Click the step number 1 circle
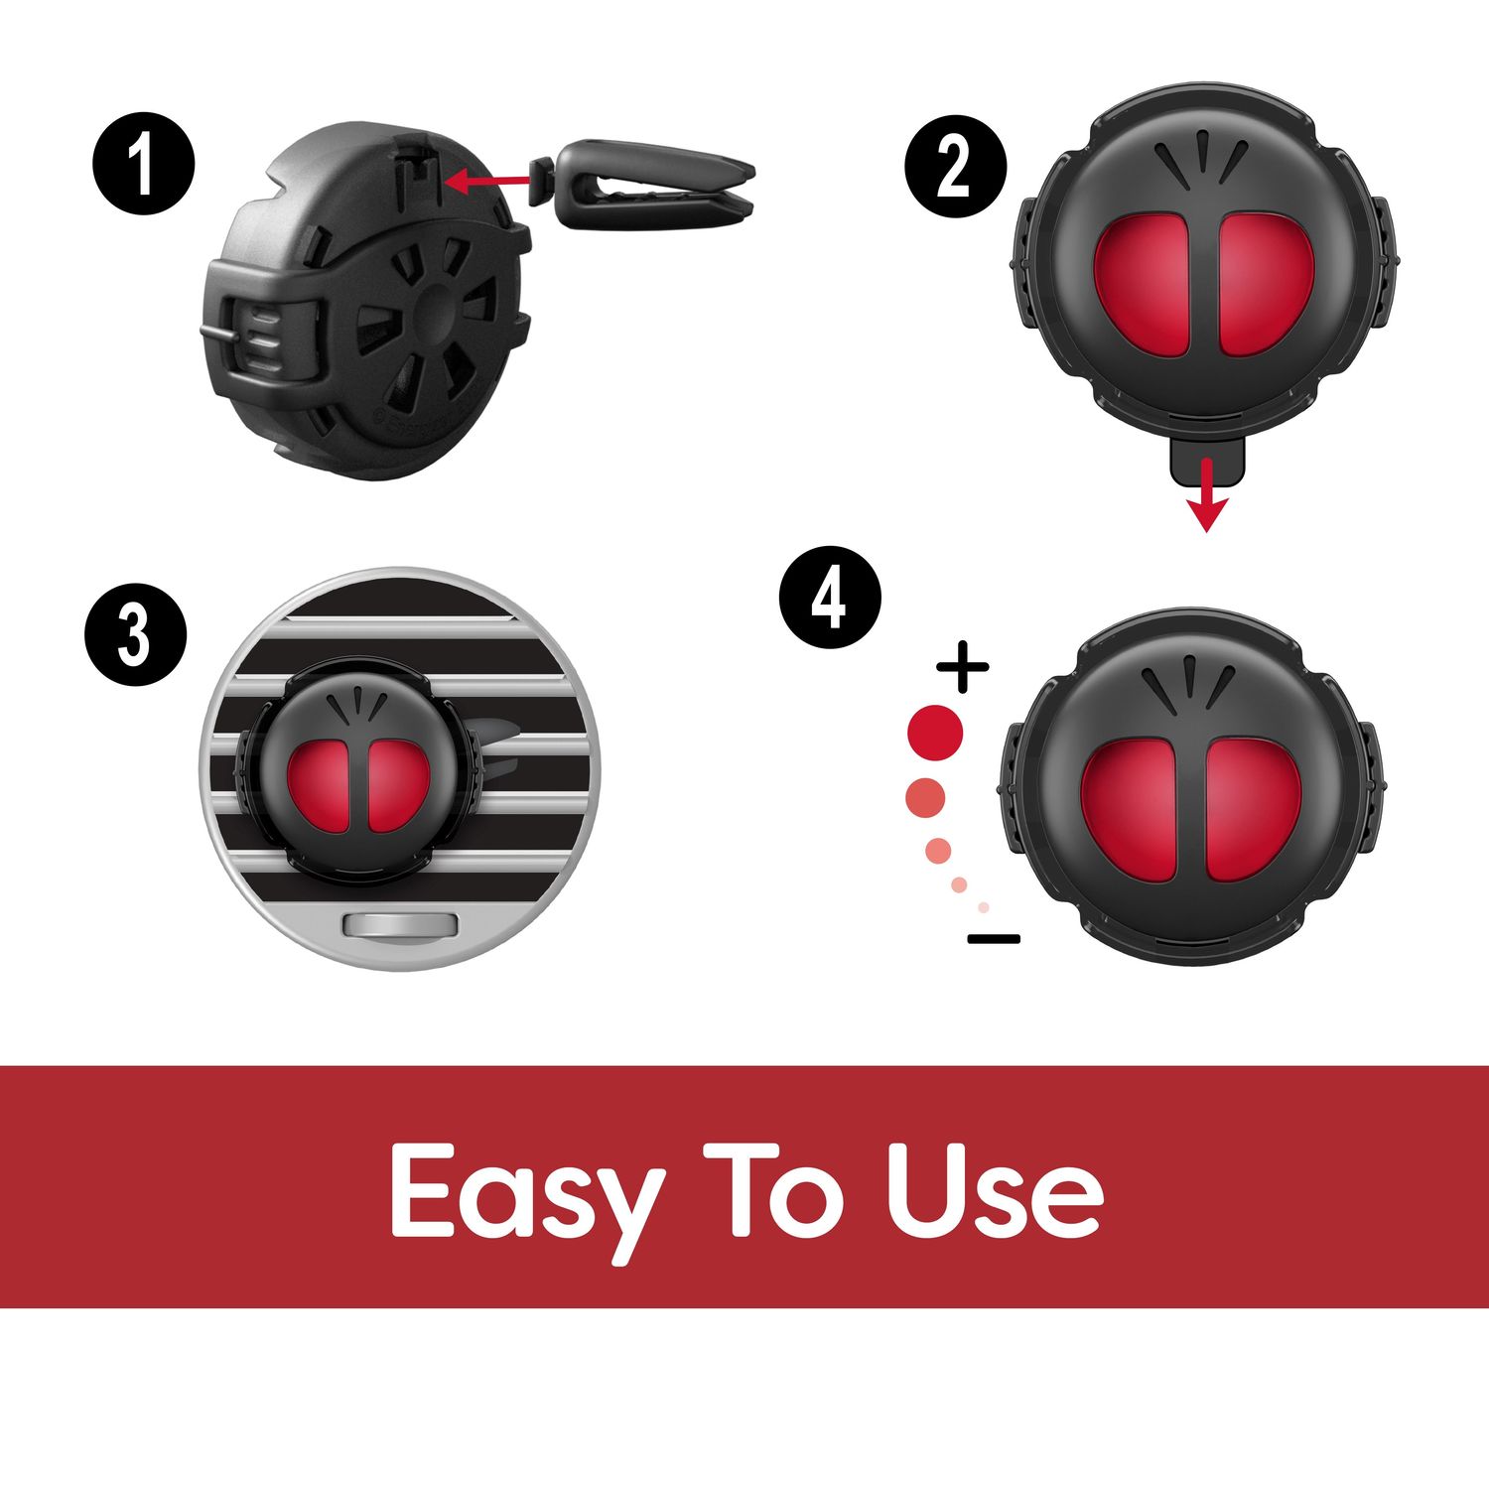tap(144, 166)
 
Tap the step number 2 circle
tap(955, 167)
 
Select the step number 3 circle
tap(135, 635)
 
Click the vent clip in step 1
tap(645, 179)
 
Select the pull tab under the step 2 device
tap(1205, 459)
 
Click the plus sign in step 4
tap(962, 667)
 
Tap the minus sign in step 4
tap(994, 938)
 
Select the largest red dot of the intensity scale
tap(935, 732)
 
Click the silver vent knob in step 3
tap(399, 926)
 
